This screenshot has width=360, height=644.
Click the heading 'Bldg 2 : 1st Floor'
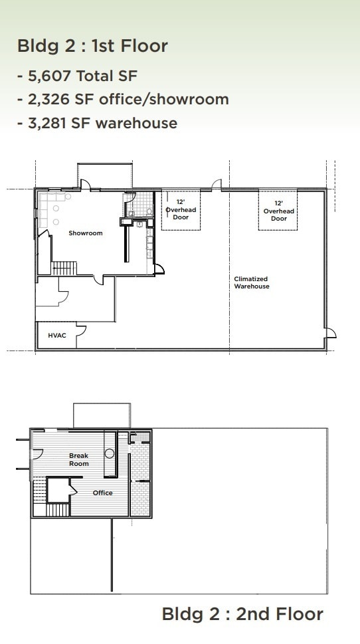[x=92, y=46]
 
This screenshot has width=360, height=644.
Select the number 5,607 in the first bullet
[x=54, y=76]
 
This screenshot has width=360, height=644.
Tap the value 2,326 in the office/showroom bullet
[x=54, y=100]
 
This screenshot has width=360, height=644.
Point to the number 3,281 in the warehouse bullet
[x=54, y=123]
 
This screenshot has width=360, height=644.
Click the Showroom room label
[x=86, y=233]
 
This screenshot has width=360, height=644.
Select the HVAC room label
[x=56, y=336]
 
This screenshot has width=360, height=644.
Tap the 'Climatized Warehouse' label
[x=252, y=282]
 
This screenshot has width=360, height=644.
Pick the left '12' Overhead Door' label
[x=181, y=209]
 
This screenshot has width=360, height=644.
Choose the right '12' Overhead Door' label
[x=279, y=211]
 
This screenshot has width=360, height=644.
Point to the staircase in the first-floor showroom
[x=65, y=268]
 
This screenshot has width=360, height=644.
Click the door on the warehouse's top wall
[x=217, y=185]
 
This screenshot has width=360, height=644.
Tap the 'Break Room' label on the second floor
[x=79, y=460]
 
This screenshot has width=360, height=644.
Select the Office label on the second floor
[x=102, y=493]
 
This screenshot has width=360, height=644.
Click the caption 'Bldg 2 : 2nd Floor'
[x=242, y=614]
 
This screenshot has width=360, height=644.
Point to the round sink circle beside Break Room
[x=110, y=454]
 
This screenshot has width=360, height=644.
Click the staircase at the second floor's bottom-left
[x=56, y=509]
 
